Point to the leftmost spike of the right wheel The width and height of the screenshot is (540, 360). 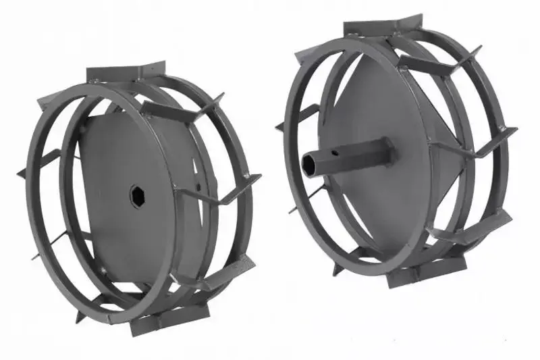pyautogui.click(x=280, y=126)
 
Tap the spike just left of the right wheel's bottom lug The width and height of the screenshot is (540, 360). pyautogui.click(x=337, y=267)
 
